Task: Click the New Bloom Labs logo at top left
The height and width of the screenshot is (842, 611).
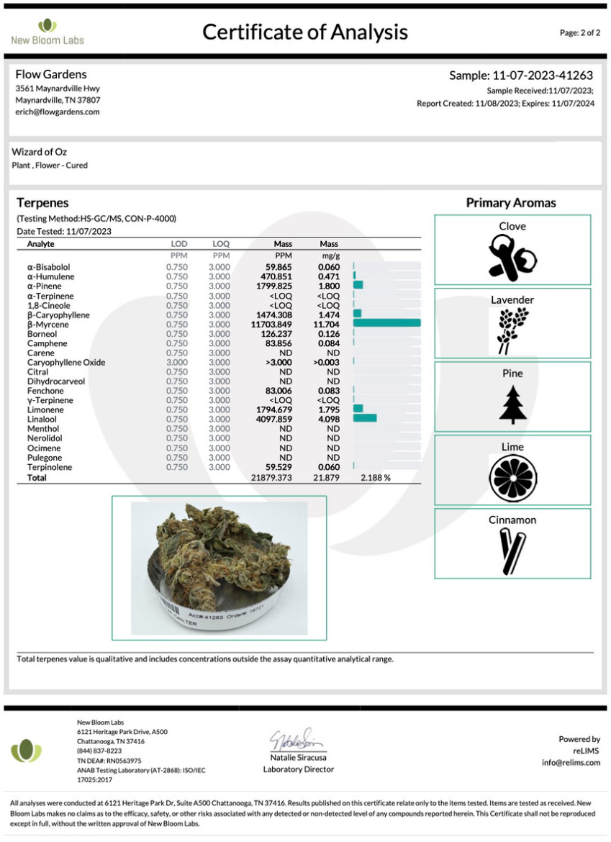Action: tap(47, 32)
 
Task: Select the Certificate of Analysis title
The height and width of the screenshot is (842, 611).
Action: tap(305, 32)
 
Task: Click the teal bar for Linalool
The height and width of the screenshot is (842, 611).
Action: tap(365, 418)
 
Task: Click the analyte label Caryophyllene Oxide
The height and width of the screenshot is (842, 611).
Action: tap(66, 363)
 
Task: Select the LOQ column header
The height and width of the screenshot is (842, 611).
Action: tap(221, 245)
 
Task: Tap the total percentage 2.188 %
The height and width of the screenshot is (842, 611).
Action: tap(376, 478)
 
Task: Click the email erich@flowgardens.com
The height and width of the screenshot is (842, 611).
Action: tap(58, 112)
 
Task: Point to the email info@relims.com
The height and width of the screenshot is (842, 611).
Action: tap(571, 763)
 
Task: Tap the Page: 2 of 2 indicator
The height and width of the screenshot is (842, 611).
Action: tap(579, 33)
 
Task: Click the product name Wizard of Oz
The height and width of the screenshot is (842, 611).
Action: tap(40, 152)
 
